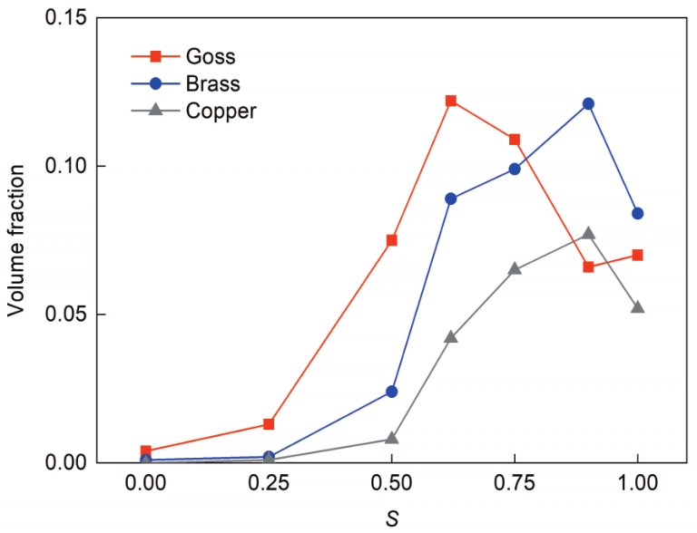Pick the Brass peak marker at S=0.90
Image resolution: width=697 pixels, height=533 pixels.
588,103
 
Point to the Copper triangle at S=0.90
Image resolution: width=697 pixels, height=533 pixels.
588,233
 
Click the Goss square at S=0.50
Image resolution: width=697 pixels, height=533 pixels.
392,240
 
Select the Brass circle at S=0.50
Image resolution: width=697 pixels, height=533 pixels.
392,392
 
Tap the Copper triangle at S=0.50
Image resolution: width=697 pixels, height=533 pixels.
392,438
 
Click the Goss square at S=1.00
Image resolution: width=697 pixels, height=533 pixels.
638,255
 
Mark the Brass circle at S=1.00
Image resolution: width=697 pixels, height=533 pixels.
638,213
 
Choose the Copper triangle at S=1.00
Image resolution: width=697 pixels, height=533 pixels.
638,307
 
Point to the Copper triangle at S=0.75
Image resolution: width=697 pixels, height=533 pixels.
515,268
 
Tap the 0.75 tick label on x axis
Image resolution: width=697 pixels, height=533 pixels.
515,485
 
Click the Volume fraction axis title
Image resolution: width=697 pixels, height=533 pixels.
16,240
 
